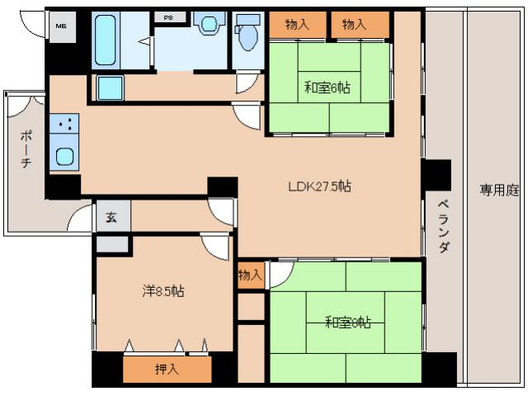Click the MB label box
click(x=60, y=26)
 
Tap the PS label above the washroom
click(x=168, y=17)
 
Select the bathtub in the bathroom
click(x=106, y=40)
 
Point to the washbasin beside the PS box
click(x=209, y=25)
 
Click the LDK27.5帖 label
click(x=319, y=186)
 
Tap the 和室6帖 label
click(x=327, y=87)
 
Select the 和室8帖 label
click(x=347, y=322)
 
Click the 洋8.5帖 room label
click(x=163, y=291)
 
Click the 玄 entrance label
click(x=112, y=217)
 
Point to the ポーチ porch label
click(x=26, y=148)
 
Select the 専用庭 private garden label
click(x=499, y=190)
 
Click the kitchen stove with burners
click(x=64, y=125)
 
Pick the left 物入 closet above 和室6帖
click(x=297, y=24)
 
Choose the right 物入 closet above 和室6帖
click(x=355, y=24)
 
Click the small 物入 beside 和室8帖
click(x=250, y=275)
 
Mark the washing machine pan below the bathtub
click(x=110, y=87)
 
